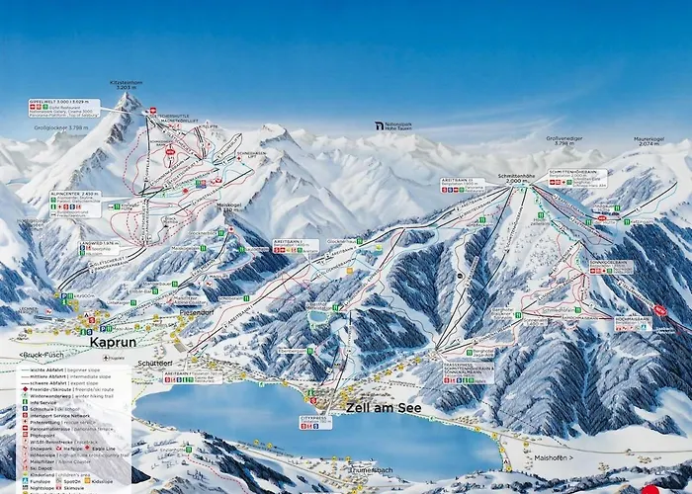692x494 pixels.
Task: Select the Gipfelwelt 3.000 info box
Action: coord(63,107)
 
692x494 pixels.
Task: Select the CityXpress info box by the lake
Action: coord(316,421)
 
